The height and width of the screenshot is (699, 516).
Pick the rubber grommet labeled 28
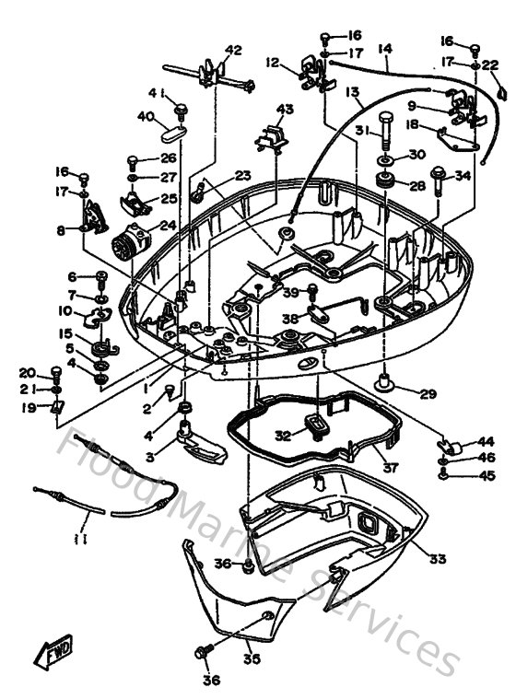[x=383, y=181]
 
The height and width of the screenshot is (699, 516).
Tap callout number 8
[x=61, y=230]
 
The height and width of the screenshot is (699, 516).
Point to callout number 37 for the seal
[x=391, y=467]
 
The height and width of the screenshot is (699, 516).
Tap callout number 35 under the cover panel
[x=251, y=658]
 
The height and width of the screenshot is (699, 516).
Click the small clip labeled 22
[x=499, y=90]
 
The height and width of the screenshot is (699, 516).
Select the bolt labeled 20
[x=57, y=373]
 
